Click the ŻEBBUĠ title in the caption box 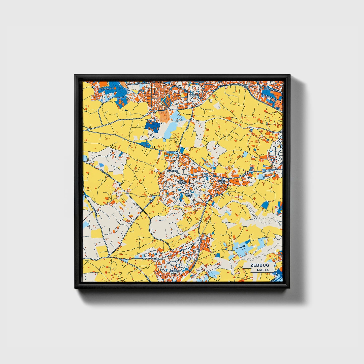point(259,265)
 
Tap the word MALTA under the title point(263,270)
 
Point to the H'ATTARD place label point(194,95)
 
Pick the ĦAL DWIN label point(189,195)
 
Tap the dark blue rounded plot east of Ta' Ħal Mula point(265,205)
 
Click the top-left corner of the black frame point(75,75)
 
